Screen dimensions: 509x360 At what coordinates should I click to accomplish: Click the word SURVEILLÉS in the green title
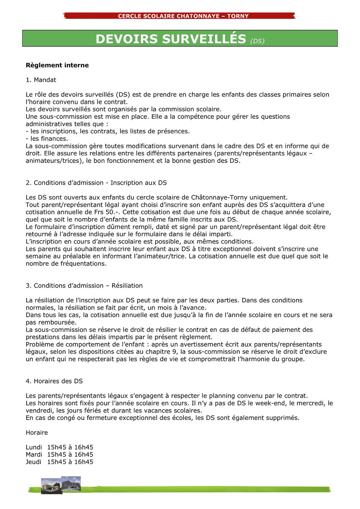pyautogui.click(x=204, y=39)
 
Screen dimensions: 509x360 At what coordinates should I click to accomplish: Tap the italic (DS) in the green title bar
pyautogui.click(x=257, y=41)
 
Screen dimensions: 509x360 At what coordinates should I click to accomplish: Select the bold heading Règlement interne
pyautogui.click(x=57, y=65)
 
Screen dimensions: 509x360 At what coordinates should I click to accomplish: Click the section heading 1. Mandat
pyautogui.click(x=41, y=80)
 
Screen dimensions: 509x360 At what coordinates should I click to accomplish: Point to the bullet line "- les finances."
pyautogui.click(x=47, y=139)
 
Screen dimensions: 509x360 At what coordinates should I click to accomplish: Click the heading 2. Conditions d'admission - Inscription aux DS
pyautogui.click(x=96, y=183)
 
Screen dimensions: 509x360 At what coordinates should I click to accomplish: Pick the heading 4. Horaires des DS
pyautogui.click(x=54, y=381)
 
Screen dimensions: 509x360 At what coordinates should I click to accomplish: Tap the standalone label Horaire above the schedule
pyautogui.click(x=37, y=433)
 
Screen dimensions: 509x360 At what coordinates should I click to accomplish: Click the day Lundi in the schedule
pyautogui.click(x=34, y=447)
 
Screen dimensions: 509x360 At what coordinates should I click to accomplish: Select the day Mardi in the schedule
pyautogui.click(x=34, y=455)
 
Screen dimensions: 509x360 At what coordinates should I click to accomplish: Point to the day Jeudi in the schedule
pyautogui.click(x=33, y=462)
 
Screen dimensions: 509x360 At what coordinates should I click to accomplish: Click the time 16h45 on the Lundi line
pyautogui.click(x=84, y=447)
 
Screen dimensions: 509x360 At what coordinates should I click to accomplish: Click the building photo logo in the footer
pyautogui.click(x=61, y=485)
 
